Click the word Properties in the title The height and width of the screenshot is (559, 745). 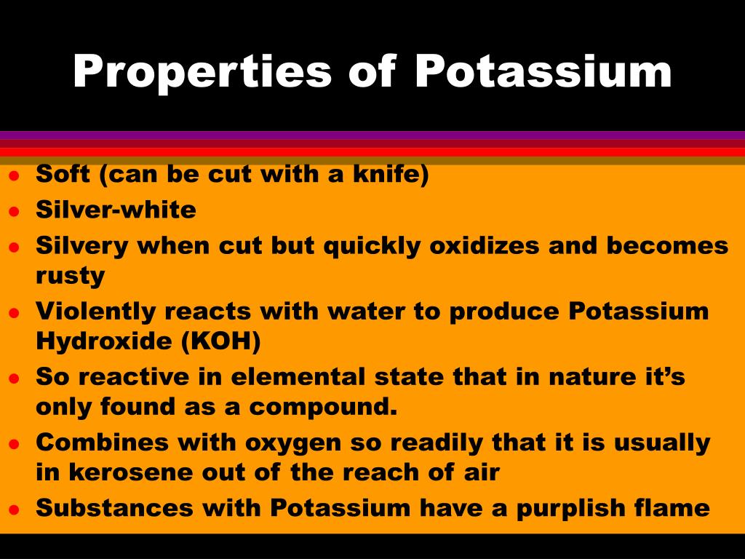(202, 72)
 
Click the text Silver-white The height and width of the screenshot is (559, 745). (116, 210)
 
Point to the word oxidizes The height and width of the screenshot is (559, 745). (484, 246)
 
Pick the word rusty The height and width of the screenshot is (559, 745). (71, 276)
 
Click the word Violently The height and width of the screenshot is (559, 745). (95, 312)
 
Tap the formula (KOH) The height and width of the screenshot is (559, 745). (221, 341)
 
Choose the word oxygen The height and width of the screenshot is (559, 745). (293, 443)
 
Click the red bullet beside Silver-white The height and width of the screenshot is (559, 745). (14, 211)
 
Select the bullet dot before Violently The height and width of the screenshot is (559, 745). (14, 313)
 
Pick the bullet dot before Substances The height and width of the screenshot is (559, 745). (14, 510)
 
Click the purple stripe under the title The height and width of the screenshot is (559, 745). (372, 135)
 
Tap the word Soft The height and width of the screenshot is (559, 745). (63, 173)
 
